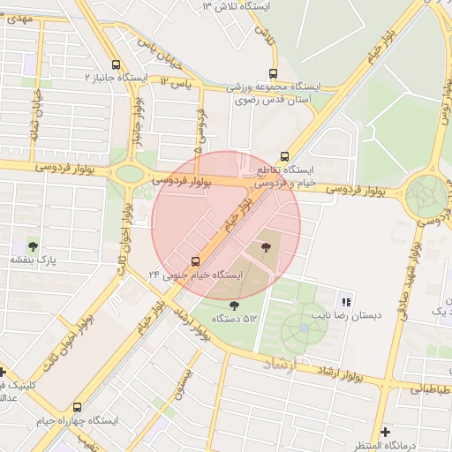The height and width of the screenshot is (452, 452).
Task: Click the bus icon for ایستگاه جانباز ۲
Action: [x=117, y=64]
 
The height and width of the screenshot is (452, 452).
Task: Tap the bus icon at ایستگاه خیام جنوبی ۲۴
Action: [x=195, y=260]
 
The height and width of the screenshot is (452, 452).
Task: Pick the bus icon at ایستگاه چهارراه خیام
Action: [x=78, y=407]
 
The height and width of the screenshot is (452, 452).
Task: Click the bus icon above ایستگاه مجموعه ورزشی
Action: [x=273, y=73]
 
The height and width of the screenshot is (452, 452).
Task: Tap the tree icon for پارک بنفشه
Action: [x=33, y=246]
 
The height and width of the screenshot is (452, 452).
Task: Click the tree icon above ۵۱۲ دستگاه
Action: [x=233, y=305]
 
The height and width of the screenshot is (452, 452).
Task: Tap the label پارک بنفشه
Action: [x=33, y=261]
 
